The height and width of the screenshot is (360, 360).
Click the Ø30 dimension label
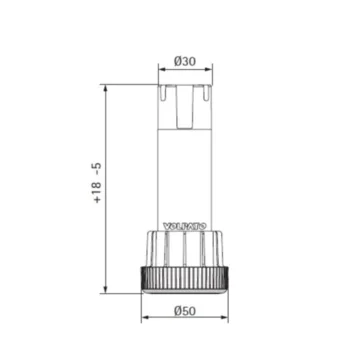(184, 61)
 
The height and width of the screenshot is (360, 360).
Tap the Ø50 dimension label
(184, 311)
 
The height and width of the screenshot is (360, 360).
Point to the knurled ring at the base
(183, 281)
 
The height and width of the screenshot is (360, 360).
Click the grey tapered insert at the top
(183, 108)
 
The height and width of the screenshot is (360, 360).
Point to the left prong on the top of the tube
(163, 93)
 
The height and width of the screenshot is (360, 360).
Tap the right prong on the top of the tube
(205, 93)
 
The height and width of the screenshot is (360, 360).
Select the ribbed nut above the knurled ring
(183, 250)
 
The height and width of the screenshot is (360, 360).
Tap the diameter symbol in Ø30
(177, 61)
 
